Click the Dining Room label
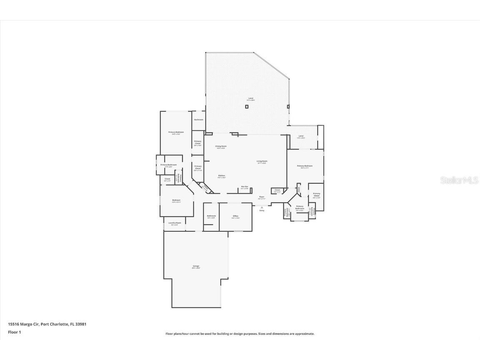(x=221, y=146)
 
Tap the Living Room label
(x=262, y=161)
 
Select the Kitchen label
(x=221, y=176)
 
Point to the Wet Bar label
(x=245, y=187)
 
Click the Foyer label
(x=262, y=197)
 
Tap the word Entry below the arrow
(x=262, y=210)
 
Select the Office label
(x=235, y=216)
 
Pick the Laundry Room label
(x=175, y=223)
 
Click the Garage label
(x=196, y=266)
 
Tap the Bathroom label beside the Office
(x=211, y=216)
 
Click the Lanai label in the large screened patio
(x=250, y=98)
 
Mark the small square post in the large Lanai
(x=247, y=107)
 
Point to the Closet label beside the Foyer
(x=277, y=190)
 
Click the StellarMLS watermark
(x=460, y=180)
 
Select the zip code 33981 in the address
(x=81, y=324)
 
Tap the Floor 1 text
(x=14, y=332)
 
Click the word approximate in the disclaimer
(x=304, y=334)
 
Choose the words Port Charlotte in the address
(x=54, y=324)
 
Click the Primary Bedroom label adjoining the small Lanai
(x=305, y=166)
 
